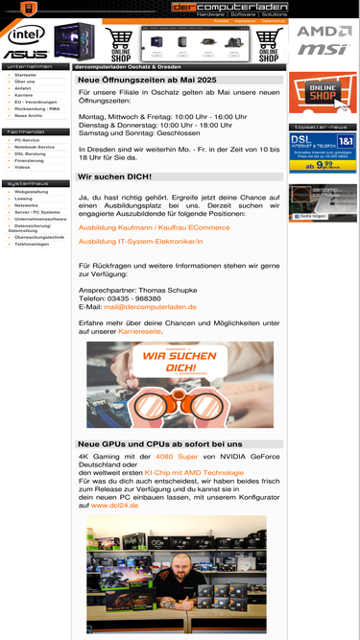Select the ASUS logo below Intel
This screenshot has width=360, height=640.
click(25, 54)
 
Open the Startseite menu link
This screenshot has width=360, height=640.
click(26, 74)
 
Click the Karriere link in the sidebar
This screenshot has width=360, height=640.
click(24, 95)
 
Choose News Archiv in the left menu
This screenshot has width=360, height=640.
click(29, 115)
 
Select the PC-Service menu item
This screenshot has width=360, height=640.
click(27, 140)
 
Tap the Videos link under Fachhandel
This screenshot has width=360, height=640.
click(22, 167)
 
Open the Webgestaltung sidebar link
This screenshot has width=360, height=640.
click(32, 192)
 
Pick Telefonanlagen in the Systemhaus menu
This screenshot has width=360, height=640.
click(32, 244)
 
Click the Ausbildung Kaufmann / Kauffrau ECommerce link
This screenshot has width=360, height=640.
click(154, 227)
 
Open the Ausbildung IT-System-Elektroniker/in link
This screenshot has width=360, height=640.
click(140, 242)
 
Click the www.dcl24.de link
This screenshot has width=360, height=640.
click(114, 505)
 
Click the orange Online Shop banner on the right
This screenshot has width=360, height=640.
click(323, 95)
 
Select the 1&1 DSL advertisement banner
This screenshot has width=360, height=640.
click(323, 152)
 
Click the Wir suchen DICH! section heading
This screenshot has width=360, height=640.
click(114, 178)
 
